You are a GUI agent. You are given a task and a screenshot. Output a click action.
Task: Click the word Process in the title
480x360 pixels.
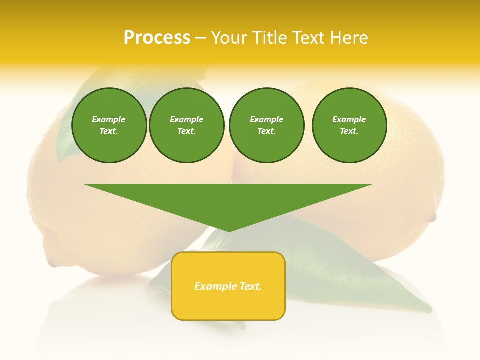click(x=157, y=38)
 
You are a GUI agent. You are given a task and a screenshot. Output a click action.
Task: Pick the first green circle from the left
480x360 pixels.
click(x=109, y=125)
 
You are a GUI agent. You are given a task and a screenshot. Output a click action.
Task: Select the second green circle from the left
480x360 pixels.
click(x=187, y=125)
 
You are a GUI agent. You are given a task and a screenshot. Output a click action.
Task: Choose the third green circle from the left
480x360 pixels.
click(x=266, y=125)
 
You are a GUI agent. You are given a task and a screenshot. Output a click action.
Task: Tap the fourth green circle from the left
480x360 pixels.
click(x=349, y=125)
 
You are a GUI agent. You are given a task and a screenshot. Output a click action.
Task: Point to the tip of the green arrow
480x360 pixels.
click(x=229, y=231)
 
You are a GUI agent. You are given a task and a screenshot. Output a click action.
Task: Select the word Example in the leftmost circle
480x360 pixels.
click(x=109, y=119)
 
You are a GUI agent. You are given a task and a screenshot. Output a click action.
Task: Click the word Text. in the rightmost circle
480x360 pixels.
click(x=349, y=131)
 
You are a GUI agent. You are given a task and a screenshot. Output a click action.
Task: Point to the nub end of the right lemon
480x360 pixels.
click(x=433, y=218)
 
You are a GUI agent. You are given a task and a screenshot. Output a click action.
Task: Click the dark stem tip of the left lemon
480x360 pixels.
click(x=52, y=263)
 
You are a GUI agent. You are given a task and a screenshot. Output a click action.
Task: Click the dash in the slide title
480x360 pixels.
click(x=201, y=38)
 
